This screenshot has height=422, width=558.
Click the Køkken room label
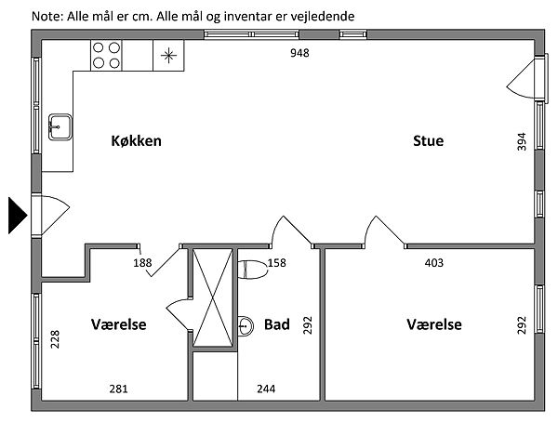137,141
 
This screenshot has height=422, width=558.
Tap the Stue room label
429,141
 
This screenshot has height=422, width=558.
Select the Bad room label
277,324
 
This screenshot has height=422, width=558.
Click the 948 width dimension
299,52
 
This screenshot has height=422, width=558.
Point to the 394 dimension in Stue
522,141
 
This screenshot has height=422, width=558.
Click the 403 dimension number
433,263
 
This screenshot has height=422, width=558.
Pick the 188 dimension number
142,263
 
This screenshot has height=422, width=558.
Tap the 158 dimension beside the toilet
277,263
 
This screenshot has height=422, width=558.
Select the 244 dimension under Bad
265,389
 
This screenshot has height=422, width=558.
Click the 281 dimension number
117,389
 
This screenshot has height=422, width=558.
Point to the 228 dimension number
56,340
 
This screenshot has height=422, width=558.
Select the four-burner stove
107,56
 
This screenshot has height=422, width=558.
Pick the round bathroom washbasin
246,325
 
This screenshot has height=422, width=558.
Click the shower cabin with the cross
214,299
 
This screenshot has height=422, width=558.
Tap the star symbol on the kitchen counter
167,56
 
